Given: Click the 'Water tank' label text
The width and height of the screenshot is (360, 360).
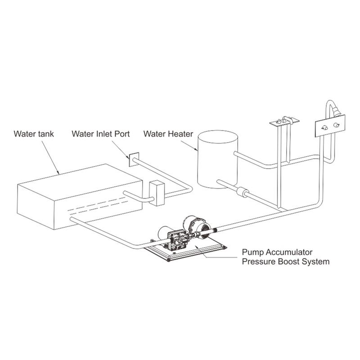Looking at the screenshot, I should click(x=34, y=134).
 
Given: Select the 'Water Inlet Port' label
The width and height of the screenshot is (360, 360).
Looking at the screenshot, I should click(x=101, y=134).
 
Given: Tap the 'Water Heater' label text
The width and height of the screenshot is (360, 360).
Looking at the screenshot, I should click(x=168, y=134).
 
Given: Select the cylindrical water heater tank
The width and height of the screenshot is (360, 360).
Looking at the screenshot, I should click(x=218, y=160).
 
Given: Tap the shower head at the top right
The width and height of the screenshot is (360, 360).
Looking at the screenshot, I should click(x=335, y=110).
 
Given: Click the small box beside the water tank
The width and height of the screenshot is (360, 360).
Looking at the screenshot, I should click(x=157, y=193).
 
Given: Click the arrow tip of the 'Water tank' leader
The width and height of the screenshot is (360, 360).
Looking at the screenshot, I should click(x=59, y=174).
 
